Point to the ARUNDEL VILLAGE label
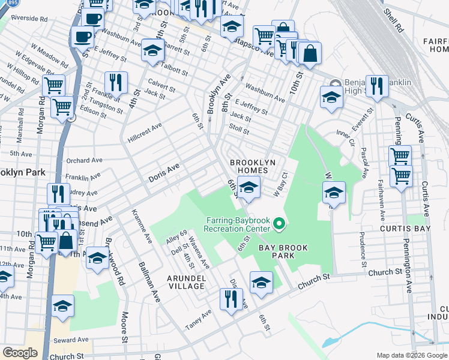[185, 282]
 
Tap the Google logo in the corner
[20, 353]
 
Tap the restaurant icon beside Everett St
[377, 86]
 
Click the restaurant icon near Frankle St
[116, 83]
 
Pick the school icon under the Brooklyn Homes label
[249, 187]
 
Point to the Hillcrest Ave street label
[145, 133]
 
